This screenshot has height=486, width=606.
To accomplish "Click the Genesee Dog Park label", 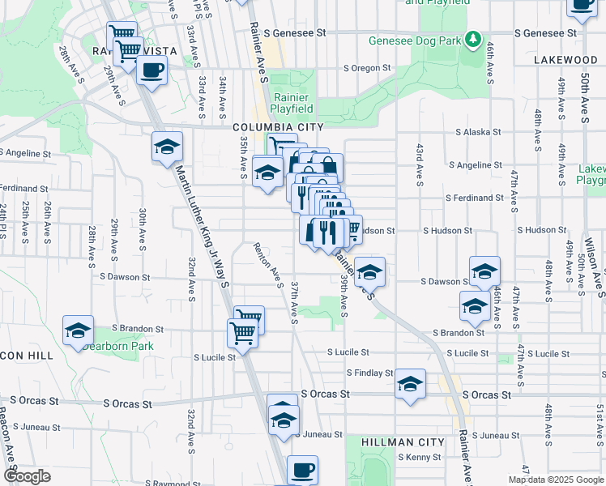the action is click(414, 40).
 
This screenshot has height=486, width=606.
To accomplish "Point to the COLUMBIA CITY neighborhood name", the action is click(278, 127).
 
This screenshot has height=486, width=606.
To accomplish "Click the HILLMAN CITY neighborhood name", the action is click(402, 442).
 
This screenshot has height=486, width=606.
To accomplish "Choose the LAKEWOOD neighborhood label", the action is click(565, 60).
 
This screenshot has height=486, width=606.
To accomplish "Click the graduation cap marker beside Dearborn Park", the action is click(79, 332).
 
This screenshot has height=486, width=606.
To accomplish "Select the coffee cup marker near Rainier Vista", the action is click(151, 70).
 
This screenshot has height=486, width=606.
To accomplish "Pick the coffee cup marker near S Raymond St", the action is click(302, 469).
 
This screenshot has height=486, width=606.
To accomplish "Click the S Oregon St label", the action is click(367, 68).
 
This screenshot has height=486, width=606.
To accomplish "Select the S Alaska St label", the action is click(478, 132).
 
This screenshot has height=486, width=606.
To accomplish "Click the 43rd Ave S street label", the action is click(420, 165).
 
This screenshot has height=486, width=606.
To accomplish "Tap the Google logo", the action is click(28, 476).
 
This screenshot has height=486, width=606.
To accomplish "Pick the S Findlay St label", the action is click(369, 373).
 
